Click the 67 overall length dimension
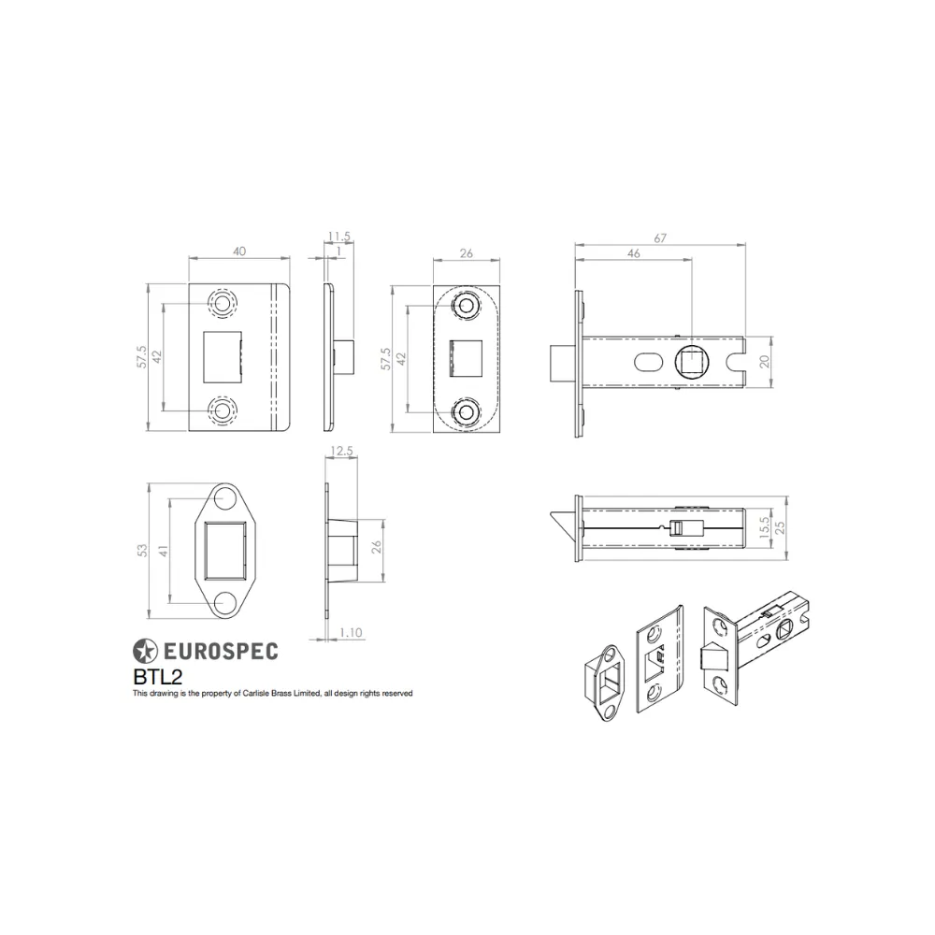tap(660, 237)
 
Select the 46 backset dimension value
tap(633, 253)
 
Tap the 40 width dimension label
tap(239, 252)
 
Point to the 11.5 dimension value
tap(338, 237)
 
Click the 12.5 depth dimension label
tap(341, 452)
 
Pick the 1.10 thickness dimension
tap(351, 633)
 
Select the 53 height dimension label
tap(142, 551)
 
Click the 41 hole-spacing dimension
tap(164, 551)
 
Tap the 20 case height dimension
tap(765, 361)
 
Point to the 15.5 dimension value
tap(765, 528)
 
